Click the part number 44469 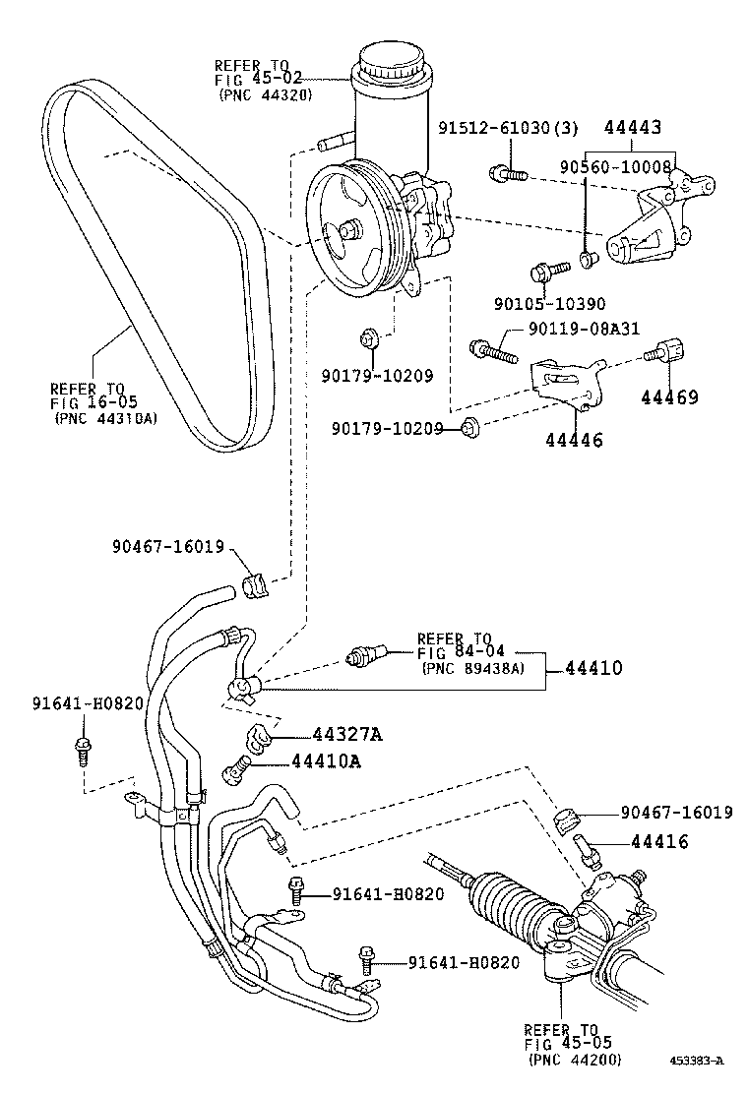tap(669, 397)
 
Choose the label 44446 tap(574, 441)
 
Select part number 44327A tap(347, 734)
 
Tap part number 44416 tap(659, 841)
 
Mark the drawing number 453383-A tap(697, 1061)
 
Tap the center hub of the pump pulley tap(348, 231)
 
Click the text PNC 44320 tap(260, 95)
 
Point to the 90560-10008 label tap(616, 168)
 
